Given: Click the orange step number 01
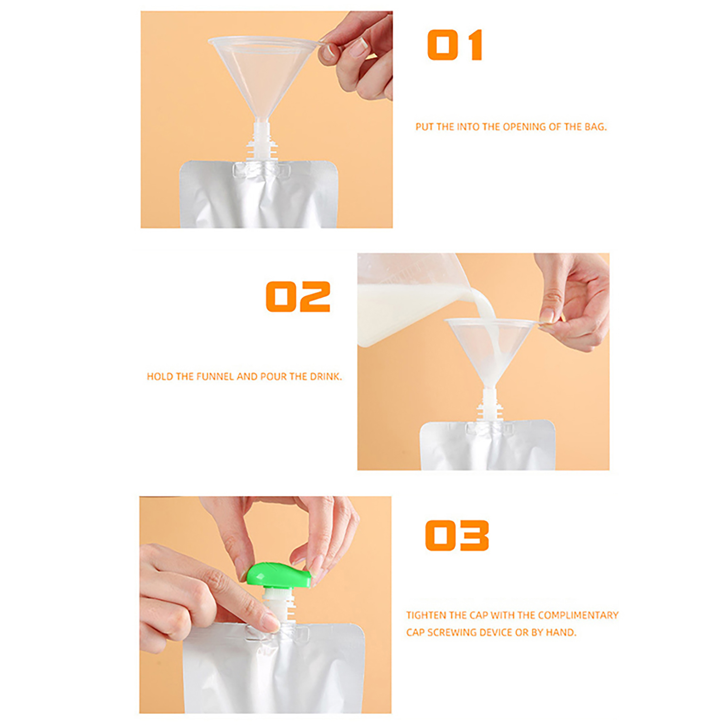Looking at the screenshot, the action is (454, 45).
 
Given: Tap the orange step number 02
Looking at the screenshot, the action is (298, 296).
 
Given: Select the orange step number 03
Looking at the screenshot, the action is (457, 535).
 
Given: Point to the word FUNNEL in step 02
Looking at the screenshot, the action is (215, 377).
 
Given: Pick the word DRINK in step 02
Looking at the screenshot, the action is (325, 377).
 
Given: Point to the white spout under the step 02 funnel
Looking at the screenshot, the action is (490, 404).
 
